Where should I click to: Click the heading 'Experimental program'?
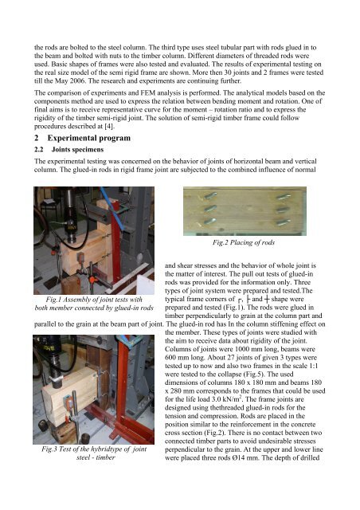click(x=88, y=138)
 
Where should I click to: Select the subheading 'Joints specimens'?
click(x=77, y=150)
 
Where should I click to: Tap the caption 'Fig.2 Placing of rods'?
click(x=244, y=242)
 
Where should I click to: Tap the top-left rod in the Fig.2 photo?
click(x=210, y=196)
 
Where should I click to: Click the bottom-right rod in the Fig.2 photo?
click(x=284, y=223)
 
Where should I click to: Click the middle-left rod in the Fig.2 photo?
click(x=210, y=209)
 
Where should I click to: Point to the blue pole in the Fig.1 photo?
click(x=112, y=208)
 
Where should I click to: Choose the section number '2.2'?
click(x=39, y=150)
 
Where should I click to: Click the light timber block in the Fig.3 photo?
click(x=71, y=398)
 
